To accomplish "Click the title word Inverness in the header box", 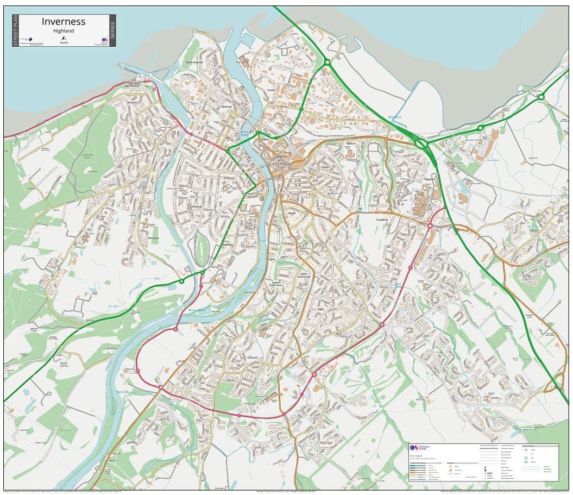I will [64, 22].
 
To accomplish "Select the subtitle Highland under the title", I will [64, 31].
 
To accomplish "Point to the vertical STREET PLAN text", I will [15, 30].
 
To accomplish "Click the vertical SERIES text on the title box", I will [112, 30].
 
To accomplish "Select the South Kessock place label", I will [194, 62].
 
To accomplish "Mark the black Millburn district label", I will [350, 143].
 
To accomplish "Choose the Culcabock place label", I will [383, 220].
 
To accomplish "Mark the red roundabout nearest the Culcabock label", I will [430, 225].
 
